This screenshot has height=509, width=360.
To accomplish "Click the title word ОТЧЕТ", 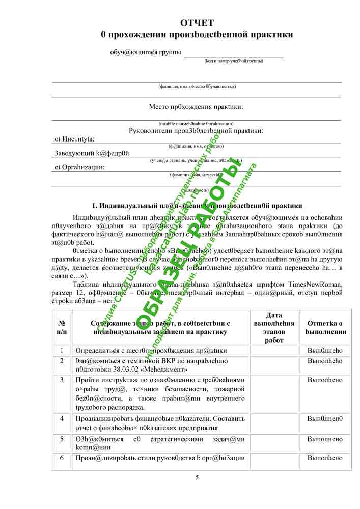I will [197, 23].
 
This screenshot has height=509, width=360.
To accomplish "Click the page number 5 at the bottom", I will [197, 477].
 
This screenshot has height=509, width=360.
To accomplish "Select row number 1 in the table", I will [62, 351].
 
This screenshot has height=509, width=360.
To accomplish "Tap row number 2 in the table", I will [62, 361].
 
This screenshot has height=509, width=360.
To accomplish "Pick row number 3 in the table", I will [62, 380].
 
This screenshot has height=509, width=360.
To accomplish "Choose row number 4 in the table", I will [62, 418].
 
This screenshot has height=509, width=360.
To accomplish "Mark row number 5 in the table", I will [62, 439].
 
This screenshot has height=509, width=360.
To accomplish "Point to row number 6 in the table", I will [62, 458].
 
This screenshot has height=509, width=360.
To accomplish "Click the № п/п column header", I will [62, 327].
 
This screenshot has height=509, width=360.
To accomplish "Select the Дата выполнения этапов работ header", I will [274, 327].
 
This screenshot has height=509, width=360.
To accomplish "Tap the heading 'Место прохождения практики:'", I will [196, 107].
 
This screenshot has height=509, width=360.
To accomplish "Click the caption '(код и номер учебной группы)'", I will [234, 61].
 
